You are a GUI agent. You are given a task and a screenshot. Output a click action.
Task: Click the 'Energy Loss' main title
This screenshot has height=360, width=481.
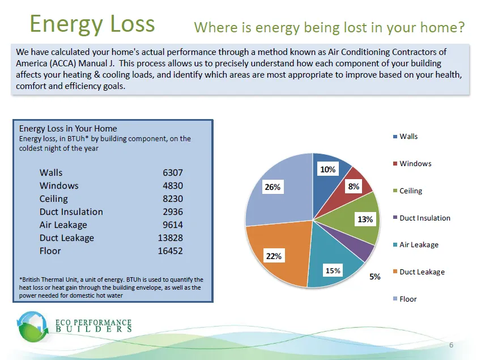(92, 24)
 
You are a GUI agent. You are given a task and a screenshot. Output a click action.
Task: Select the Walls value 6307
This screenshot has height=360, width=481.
(172, 172)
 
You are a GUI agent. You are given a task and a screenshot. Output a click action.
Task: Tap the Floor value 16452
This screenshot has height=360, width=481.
(170, 251)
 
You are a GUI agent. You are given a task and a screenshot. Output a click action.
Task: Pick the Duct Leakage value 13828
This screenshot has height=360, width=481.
(170, 238)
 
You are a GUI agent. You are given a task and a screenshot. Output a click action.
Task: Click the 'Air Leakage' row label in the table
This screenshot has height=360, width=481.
(63, 225)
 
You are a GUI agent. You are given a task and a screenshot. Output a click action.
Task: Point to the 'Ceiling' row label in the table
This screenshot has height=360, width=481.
(54, 198)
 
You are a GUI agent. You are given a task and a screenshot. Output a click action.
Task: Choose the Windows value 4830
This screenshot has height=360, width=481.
(172, 185)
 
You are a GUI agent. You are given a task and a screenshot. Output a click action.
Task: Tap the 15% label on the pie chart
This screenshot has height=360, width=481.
(333, 270)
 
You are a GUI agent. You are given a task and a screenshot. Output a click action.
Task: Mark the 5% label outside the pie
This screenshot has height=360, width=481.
(375, 277)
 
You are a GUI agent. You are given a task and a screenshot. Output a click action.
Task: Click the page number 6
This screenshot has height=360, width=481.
(451, 346)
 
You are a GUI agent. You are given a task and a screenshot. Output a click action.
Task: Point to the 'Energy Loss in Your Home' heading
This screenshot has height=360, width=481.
(68, 129)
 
